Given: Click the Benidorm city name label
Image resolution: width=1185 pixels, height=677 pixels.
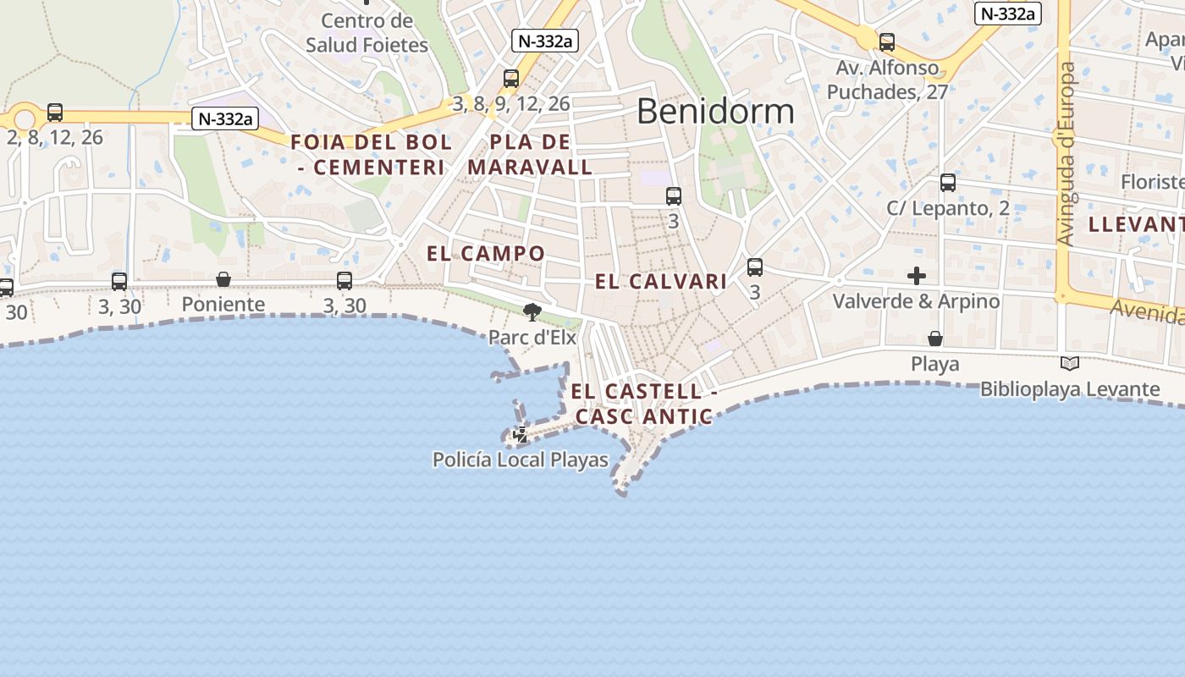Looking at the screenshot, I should click(715, 112).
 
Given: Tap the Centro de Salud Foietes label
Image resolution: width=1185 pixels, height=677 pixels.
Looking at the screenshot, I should click(367, 33).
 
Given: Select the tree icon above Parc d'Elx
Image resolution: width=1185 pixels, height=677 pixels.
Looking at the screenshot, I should click(532, 313).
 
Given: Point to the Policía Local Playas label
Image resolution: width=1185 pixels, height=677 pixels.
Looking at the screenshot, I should click(520, 460).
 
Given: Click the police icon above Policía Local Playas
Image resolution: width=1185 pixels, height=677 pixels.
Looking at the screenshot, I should click(521, 436).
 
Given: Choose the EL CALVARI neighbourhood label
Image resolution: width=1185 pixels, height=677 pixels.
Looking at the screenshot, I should click(661, 282).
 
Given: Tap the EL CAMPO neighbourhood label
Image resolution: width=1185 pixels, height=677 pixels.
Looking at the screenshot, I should click(486, 253).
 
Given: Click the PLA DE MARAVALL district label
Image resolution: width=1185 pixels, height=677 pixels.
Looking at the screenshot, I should click(530, 154).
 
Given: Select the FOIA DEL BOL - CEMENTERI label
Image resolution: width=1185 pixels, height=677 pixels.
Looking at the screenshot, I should click(372, 154).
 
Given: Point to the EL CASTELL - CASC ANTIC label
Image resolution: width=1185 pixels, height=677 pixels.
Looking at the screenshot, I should click(643, 404).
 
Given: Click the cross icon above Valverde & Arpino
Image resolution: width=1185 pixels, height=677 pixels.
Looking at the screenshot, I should click(916, 276).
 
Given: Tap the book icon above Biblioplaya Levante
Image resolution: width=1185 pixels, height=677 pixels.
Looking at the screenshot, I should click(1070, 364).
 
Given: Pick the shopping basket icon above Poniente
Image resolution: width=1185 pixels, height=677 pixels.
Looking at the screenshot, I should click(223, 279).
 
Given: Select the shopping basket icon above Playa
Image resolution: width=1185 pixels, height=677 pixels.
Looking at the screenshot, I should click(935, 339).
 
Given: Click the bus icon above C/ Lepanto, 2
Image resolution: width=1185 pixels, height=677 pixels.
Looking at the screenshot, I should click(948, 183).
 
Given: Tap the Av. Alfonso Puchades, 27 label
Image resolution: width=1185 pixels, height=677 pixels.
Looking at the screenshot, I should click(887, 80).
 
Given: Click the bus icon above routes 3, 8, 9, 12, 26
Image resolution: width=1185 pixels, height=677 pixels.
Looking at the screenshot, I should click(511, 79).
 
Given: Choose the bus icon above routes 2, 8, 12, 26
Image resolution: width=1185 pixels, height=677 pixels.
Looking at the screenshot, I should click(55, 112).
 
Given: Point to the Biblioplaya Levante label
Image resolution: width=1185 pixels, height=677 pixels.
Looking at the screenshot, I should click(1070, 389).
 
